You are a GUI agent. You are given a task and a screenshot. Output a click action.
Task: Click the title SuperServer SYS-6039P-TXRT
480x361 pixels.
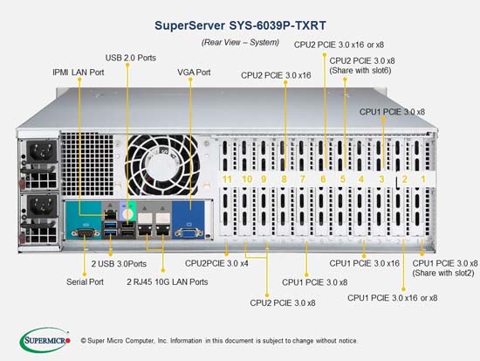(x=240, y=25)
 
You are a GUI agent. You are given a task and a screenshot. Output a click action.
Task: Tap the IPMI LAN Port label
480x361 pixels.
(x=79, y=73)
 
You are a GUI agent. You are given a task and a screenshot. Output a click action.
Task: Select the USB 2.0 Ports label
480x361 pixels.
(x=131, y=58)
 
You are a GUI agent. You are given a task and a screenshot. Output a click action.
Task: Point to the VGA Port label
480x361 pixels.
(x=194, y=73)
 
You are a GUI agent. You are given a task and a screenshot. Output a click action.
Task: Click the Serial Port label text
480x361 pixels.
(x=86, y=281)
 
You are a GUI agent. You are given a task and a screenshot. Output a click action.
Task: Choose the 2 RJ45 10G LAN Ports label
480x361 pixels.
(x=168, y=281)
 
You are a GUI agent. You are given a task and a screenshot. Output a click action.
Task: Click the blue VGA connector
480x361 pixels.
(x=189, y=233)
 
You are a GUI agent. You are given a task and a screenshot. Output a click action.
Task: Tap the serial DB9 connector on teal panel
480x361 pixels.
(x=86, y=233)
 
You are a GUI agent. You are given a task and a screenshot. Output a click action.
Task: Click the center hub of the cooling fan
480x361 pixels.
(x=162, y=164)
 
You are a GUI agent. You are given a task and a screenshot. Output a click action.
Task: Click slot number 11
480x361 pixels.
(x=227, y=179)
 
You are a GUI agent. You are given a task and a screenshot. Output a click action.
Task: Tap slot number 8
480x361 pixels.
(x=284, y=179)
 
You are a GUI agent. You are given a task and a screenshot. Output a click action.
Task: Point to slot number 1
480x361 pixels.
(x=423, y=179)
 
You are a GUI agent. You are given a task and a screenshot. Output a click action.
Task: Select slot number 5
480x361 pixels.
(x=343, y=179)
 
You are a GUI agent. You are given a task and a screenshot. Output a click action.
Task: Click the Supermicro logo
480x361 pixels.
(x=45, y=340)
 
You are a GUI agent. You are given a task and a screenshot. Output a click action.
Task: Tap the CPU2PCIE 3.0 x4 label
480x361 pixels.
(x=216, y=263)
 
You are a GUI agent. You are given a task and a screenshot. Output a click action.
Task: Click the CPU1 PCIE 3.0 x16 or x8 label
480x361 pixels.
(x=393, y=298)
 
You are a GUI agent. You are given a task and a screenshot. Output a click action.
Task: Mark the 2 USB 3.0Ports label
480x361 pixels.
(x=119, y=264)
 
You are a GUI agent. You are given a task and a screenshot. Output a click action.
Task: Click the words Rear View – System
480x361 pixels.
(x=240, y=42)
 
